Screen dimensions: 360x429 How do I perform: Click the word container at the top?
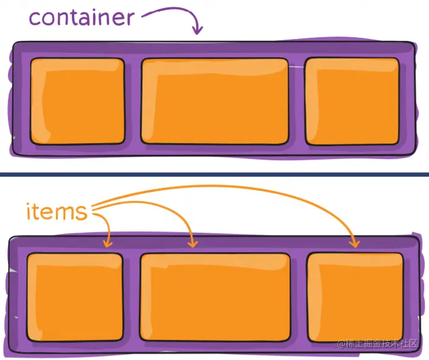click(81, 18)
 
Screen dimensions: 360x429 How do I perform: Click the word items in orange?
click(57, 213)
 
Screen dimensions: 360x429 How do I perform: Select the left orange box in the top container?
click(77, 101)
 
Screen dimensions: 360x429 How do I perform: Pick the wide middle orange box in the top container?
click(215, 101)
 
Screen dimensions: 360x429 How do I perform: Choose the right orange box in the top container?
click(352, 101)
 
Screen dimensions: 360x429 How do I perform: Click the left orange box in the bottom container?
click(75, 297)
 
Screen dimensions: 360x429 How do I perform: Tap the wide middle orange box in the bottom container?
click(215, 297)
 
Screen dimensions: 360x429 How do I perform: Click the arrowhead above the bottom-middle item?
click(193, 243)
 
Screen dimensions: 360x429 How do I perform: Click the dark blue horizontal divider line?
click(214, 175)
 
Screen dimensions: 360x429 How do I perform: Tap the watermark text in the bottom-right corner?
click(378, 344)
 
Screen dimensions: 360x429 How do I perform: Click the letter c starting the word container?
click(35, 18)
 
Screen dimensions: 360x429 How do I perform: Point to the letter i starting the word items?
click(29, 212)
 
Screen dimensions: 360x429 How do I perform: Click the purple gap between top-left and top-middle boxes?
click(133, 101)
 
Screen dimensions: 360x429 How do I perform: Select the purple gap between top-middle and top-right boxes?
click(296, 101)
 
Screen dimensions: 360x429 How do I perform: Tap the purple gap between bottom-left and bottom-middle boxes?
click(131, 297)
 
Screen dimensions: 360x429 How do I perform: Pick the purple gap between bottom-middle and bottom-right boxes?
click(299, 297)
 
